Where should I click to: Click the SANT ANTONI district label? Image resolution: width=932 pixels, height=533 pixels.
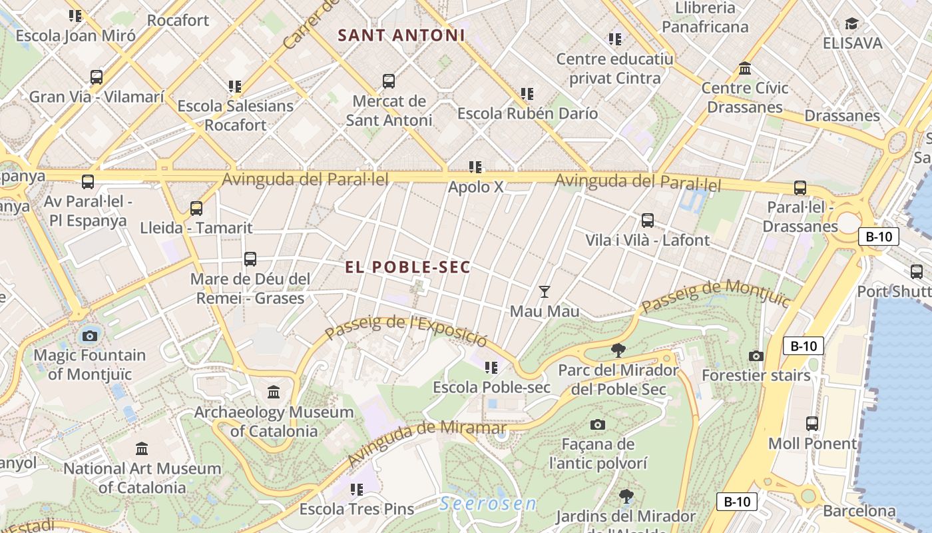(401, 35)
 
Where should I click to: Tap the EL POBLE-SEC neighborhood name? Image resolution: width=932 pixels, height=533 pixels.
(407, 267)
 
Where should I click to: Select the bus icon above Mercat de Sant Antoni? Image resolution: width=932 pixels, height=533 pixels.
(389, 81)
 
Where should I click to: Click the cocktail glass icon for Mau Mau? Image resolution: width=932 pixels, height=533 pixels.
(545, 291)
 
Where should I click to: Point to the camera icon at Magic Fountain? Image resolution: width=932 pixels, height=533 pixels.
(90, 335)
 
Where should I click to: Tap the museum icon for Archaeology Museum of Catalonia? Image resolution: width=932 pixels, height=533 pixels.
(274, 392)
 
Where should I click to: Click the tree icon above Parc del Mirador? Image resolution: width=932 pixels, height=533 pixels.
(618, 350)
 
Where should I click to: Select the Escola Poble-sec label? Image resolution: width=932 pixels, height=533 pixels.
(491, 387)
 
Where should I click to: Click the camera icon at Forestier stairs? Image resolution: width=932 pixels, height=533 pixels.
(756, 356)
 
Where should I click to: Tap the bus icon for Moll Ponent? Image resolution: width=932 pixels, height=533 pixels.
(812, 423)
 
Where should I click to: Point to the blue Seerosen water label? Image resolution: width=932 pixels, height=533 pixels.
(488, 504)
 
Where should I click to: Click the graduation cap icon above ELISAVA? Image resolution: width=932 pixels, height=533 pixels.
(851, 24)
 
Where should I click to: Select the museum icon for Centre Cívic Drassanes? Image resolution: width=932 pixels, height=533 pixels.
(745, 69)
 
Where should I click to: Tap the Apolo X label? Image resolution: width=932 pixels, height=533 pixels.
(475, 187)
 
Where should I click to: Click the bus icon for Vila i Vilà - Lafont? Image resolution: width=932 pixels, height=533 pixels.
(647, 220)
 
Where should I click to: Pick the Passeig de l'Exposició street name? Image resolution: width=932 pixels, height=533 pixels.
(406, 330)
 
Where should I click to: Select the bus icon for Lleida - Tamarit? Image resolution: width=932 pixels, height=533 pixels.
(196, 208)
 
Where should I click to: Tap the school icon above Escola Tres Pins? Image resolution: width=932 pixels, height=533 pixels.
(357, 490)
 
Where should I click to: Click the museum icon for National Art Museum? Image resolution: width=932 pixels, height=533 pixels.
(142, 448)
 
